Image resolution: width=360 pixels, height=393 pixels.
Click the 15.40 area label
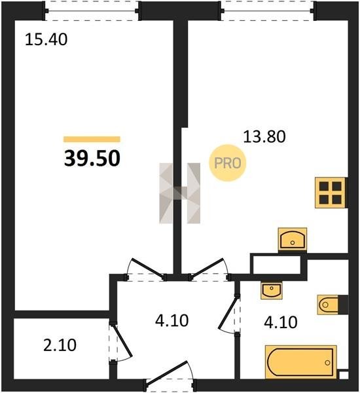[46, 40]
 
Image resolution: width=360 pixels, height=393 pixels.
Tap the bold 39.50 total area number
[92, 159]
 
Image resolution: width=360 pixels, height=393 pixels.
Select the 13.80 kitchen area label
[264, 137]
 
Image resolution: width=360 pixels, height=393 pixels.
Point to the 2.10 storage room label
[60, 345]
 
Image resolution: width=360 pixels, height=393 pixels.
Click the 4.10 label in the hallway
[172, 321]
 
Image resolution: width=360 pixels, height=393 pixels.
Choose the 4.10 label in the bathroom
[281, 322]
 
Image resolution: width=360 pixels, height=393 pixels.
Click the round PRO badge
[228, 163]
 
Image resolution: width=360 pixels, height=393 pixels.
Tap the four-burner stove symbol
[330, 193]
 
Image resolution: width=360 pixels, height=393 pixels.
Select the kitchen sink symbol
[293, 239]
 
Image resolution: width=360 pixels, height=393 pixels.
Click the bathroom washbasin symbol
[272, 290]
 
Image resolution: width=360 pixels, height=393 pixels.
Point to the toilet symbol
[333, 305]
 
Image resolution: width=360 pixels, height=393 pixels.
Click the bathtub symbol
[301, 362]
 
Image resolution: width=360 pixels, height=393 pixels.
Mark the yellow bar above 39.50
[92, 139]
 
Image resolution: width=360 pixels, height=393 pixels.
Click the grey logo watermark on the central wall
[180, 193]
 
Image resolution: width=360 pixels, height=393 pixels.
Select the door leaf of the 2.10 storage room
[123, 341]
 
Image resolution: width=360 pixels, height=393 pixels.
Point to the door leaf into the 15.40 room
[149, 268]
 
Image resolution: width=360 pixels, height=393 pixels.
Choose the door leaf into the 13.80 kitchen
[207, 268]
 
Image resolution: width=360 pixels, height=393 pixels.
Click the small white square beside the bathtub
[343, 375]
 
